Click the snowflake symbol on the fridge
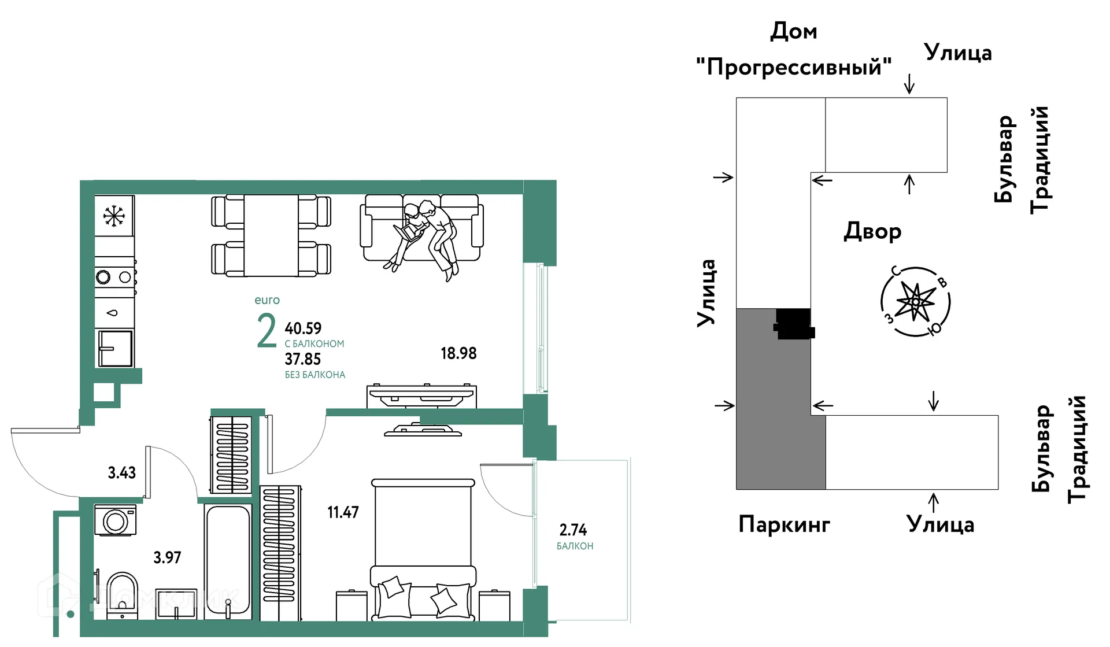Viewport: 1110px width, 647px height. tap(114, 216)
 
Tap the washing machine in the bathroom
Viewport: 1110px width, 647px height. tap(116, 520)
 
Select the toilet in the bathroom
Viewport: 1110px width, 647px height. tap(122, 591)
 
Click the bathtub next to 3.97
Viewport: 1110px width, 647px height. tap(228, 561)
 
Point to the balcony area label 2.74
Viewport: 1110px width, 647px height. tap(573, 530)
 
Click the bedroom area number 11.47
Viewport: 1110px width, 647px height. tap(343, 512)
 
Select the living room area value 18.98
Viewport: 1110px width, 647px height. tap(458, 353)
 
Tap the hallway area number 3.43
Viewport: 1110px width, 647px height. tap(121, 473)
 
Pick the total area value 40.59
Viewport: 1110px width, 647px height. tap(303, 328)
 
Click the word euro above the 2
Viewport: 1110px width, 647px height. tap(267, 300)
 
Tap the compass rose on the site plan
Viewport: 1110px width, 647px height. tap(915, 302)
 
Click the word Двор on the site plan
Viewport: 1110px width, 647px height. tap(872, 231)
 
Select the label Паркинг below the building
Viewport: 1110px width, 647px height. tap(784, 524)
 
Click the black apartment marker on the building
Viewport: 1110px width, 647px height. tap(793, 324)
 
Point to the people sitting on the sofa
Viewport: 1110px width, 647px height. tap(428, 231)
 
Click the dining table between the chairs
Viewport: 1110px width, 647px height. tap(271, 235)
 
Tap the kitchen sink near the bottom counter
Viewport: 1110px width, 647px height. tap(116, 348)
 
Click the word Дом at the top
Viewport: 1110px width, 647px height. tap(793, 31)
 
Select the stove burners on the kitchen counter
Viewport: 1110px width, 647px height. tap(114, 277)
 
